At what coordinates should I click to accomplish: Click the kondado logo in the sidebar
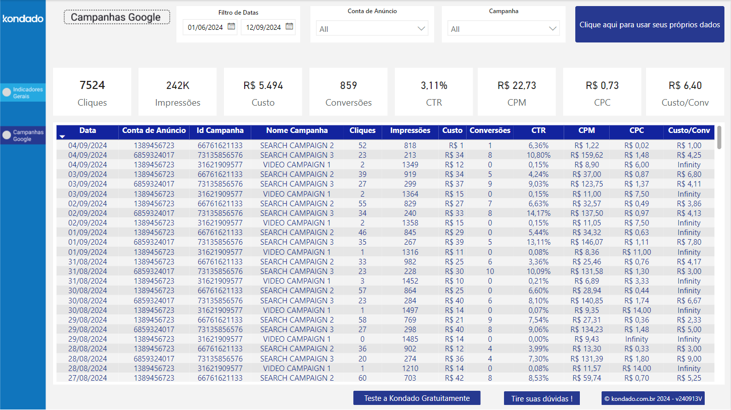pos(23,19)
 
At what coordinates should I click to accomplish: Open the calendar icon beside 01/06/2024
pos(231,27)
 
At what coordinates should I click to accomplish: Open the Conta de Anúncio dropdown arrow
pos(422,29)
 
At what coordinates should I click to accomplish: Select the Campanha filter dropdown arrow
pos(553,29)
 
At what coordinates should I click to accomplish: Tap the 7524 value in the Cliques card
pos(92,85)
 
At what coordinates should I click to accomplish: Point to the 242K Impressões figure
pos(177,85)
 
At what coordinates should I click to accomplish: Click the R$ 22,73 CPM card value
pos(516,85)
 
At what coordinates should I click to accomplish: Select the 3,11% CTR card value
pos(434,85)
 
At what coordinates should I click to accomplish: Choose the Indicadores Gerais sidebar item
pos(23,93)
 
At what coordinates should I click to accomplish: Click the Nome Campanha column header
pos(297,130)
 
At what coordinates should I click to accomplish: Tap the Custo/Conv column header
pos(689,130)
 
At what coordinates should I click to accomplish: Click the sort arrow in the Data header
pos(62,136)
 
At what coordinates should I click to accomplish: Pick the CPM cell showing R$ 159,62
pos(586,155)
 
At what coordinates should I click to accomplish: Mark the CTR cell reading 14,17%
pos(538,213)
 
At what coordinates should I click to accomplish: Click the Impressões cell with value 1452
pos(410,281)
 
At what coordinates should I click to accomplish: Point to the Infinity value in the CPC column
pos(636,339)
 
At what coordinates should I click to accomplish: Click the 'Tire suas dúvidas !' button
pos(541,398)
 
